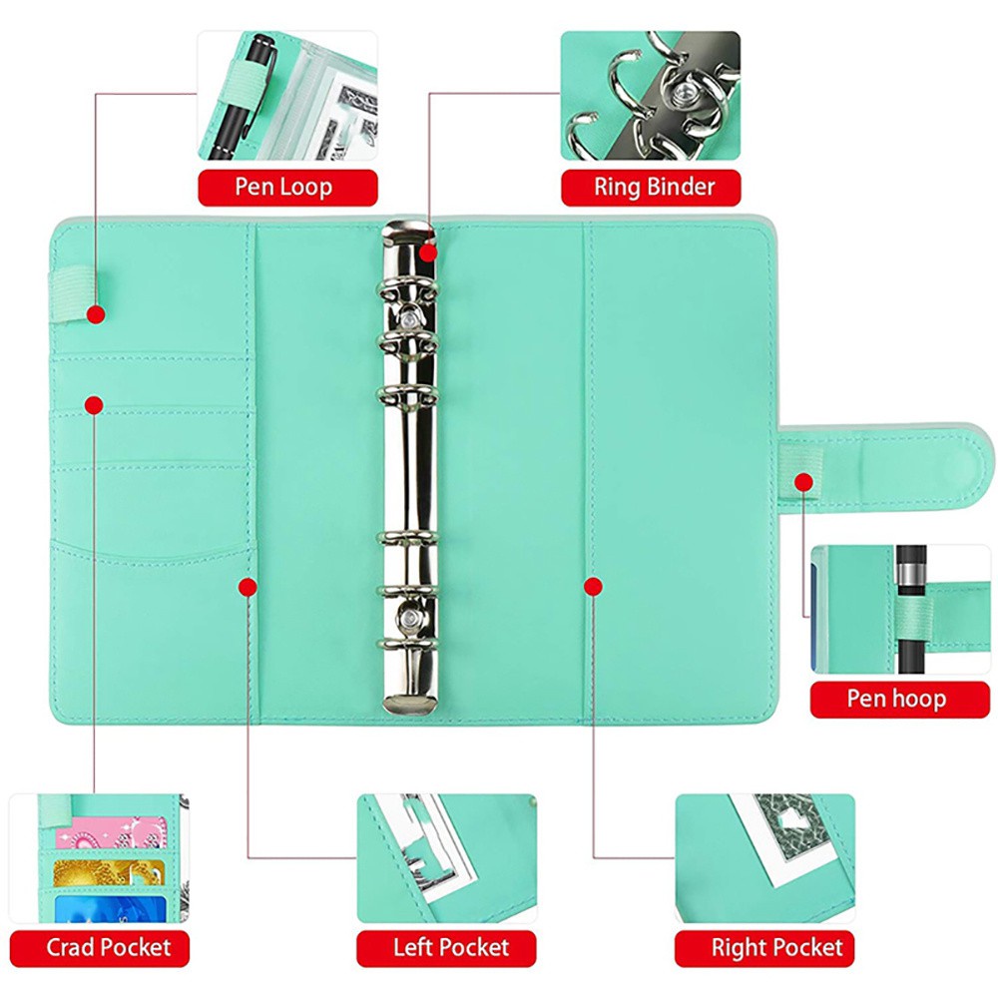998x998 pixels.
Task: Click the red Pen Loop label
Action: point(287,187)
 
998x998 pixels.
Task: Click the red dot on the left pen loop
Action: point(96,314)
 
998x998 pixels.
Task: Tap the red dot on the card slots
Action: point(94,404)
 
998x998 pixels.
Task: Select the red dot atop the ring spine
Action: point(428,252)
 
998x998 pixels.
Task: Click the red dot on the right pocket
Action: point(593,587)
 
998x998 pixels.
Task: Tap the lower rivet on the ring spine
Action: point(409,619)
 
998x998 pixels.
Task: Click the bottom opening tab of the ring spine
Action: point(409,702)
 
